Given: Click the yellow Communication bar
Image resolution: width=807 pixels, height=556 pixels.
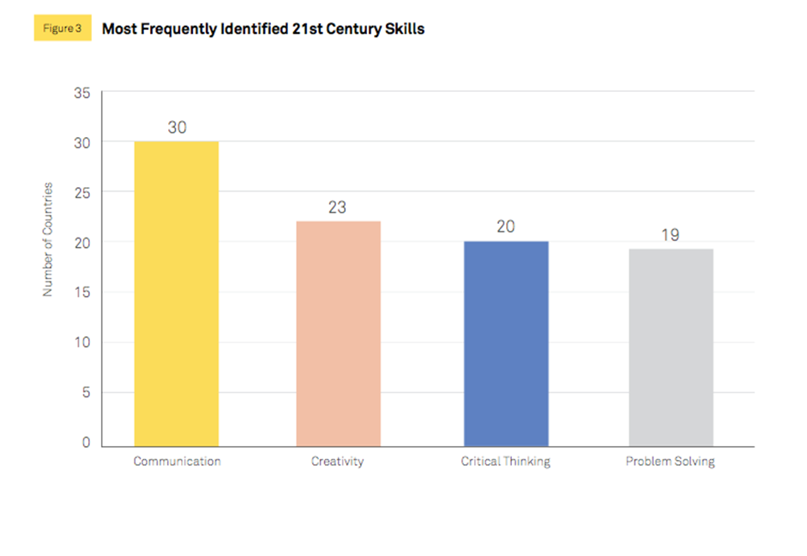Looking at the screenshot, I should pyautogui.click(x=177, y=293).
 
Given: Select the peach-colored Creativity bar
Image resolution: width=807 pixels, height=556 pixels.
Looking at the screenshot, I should pyautogui.click(x=338, y=334).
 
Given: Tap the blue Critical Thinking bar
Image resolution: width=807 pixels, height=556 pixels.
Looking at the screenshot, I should pyautogui.click(x=505, y=343).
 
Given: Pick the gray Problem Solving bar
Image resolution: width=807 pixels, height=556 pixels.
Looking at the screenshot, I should pyautogui.click(x=671, y=347).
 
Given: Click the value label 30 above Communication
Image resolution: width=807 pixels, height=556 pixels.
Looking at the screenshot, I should pyautogui.click(x=177, y=127).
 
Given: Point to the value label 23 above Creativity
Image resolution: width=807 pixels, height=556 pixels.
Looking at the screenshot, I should pyautogui.click(x=338, y=207).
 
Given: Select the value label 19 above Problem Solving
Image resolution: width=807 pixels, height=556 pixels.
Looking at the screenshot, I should pyautogui.click(x=671, y=234).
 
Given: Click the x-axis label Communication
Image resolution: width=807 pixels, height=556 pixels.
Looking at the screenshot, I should pyautogui.click(x=177, y=462).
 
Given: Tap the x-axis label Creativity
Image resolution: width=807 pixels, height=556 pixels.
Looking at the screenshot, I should pyautogui.click(x=337, y=462).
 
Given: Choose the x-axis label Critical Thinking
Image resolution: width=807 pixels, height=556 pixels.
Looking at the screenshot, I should pyautogui.click(x=505, y=462).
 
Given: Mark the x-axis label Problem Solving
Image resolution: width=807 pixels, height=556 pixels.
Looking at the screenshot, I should pyautogui.click(x=670, y=462).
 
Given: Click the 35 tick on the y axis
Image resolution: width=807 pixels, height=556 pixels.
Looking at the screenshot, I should pyautogui.click(x=81, y=92).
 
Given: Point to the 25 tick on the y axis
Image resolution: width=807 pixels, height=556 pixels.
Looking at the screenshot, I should pyautogui.click(x=81, y=192).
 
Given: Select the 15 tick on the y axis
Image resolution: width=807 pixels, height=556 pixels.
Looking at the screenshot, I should pyautogui.click(x=81, y=293).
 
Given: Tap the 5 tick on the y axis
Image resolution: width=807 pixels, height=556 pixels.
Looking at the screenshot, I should pyautogui.click(x=85, y=392).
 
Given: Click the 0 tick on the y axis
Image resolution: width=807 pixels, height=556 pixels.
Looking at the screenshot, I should pyautogui.click(x=85, y=443).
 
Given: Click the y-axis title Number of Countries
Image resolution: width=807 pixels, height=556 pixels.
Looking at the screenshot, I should pyautogui.click(x=48, y=239).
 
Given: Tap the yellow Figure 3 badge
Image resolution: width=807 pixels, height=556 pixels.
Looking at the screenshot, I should pyautogui.click(x=62, y=28).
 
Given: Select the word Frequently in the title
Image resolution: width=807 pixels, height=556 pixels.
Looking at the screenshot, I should pyautogui.click(x=178, y=28).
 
